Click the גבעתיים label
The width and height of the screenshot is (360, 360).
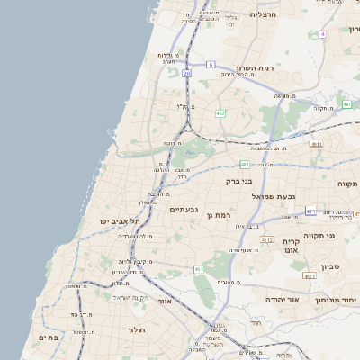(x=184, y=209)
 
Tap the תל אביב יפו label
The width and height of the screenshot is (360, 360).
(x=117, y=220)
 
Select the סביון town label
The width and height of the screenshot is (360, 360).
(x=328, y=266)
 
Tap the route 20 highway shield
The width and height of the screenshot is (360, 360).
(x=186, y=73)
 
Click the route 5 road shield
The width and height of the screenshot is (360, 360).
(x=210, y=65)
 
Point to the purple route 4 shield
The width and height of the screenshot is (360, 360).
(x=321, y=34)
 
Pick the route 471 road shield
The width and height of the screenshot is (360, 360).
(x=310, y=211)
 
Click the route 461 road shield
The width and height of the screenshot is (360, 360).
(x=198, y=269)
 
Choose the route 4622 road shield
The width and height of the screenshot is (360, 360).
(x=310, y=276)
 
